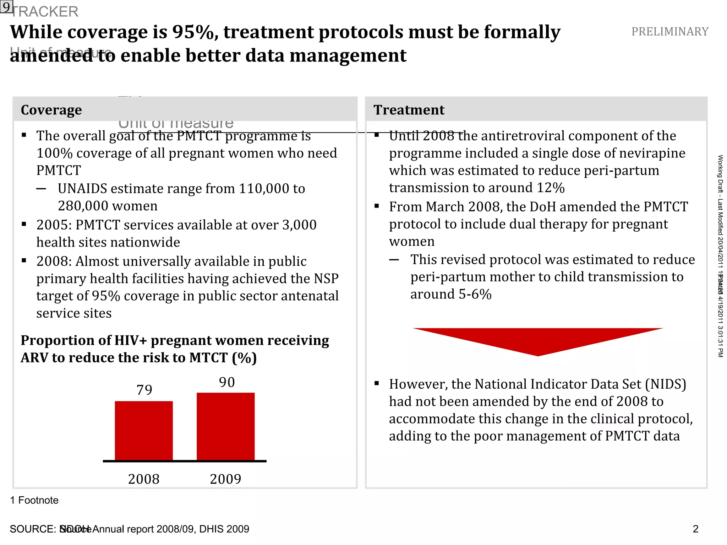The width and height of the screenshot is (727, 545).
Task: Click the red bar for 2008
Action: [x=144, y=431]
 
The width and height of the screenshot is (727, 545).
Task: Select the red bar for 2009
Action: [x=225, y=426]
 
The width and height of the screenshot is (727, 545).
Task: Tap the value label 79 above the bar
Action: [x=144, y=390]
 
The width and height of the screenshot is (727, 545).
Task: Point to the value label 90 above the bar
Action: [x=227, y=382]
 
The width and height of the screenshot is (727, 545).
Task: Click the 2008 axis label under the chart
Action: [x=144, y=479]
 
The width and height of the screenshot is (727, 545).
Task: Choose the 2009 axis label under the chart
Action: [x=225, y=479]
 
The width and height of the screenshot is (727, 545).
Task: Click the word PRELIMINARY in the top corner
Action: [x=670, y=32]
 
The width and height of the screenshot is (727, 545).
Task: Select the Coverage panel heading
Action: [x=51, y=110]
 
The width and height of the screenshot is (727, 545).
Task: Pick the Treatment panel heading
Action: [x=409, y=110]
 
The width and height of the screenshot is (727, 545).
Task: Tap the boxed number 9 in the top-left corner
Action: [x=6, y=6]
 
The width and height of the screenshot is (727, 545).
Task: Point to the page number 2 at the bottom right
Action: [x=695, y=529]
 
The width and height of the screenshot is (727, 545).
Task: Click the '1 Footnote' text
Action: [x=34, y=500]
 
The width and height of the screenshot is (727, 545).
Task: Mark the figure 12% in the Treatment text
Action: [x=551, y=188]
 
